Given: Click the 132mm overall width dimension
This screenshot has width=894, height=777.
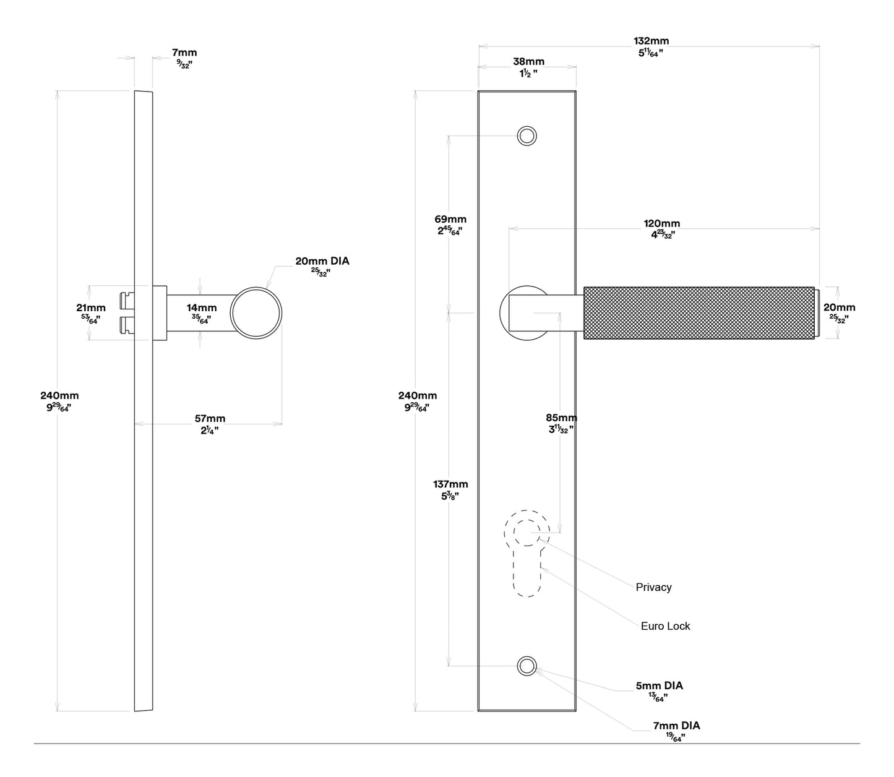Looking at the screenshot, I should pos(651,46).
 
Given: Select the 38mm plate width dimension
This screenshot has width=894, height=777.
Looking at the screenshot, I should pos(528,66).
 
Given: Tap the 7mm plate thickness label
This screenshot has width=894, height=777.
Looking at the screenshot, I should pos(184,58).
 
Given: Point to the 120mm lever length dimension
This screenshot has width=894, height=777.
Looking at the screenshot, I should pos(661,228).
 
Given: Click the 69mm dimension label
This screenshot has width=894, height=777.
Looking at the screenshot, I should pos(450,225).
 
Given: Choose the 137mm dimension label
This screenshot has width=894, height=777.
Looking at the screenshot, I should pos(450,489).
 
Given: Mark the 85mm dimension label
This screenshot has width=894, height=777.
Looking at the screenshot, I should pos(561,423).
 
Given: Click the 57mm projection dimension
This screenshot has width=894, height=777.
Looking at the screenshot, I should pos(210,424).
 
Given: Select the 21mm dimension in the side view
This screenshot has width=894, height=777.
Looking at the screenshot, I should pos(90,312).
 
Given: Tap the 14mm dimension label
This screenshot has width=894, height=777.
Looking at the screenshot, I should pos(202,312).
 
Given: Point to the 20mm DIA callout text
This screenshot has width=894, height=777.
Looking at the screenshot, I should pos(322,265).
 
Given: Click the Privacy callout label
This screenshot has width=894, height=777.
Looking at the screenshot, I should pos(653,587).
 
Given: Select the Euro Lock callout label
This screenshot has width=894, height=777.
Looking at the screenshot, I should pos(665,626).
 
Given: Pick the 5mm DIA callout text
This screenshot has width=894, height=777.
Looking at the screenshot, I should pos(659,690).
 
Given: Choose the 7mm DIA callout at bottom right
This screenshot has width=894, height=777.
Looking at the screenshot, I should pos(676,730).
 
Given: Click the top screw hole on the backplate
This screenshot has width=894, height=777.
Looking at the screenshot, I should pos(527,135).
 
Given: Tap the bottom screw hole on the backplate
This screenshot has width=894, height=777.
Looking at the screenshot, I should pos(527,666).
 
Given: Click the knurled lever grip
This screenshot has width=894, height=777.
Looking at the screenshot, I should pos(698,312).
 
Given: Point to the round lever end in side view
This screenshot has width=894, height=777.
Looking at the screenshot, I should pos(256,312).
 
